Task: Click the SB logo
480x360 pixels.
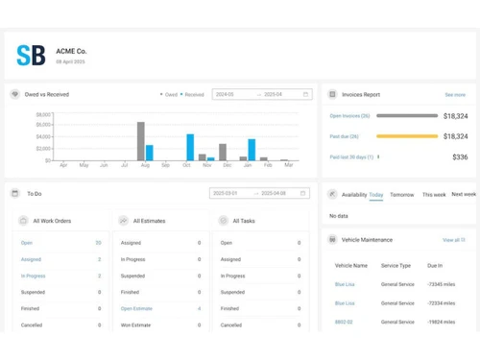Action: (x=31, y=55)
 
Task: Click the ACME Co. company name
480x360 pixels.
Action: (x=71, y=51)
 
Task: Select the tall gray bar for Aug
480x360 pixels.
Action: (x=140, y=141)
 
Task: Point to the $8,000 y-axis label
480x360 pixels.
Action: (x=44, y=114)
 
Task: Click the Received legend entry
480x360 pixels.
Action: (x=193, y=95)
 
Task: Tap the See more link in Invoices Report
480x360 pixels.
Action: (x=455, y=95)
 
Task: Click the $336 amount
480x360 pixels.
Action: (x=460, y=157)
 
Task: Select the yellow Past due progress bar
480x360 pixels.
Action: (x=407, y=136)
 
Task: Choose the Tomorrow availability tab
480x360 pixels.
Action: (x=402, y=195)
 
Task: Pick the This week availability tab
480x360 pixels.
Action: (x=434, y=195)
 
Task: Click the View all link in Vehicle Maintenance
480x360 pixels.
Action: (x=451, y=240)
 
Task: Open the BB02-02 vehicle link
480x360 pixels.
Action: (x=344, y=323)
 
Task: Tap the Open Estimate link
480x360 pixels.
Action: (x=136, y=309)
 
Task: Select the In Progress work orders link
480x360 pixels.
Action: (x=34, y=276)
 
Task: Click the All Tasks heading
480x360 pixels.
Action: (x=244, y=221)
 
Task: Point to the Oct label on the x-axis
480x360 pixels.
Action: (x=165, y=165)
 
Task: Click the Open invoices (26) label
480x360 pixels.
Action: (x=349, y=116)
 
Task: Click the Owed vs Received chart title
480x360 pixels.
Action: (x=47, y=95)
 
